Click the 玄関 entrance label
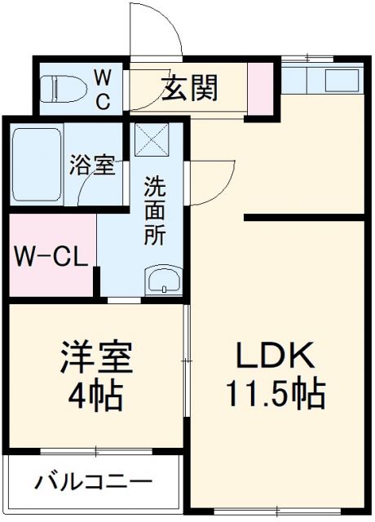pos(193,87)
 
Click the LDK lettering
pos(275,356)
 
